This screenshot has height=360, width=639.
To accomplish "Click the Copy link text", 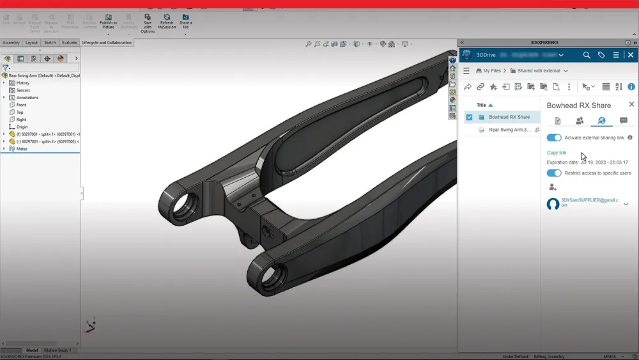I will (x=557, y=153).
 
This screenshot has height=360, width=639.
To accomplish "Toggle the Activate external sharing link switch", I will (x=554, y=137).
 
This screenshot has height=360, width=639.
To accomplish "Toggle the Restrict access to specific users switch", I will (x=554, y=173).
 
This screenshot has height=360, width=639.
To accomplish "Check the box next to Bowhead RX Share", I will (x=470, y=117).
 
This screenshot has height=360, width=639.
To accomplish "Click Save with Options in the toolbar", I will (x=148, y=22).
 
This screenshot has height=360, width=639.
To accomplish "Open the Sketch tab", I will (x=50, y=43).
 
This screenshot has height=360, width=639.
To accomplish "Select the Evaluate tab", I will (x=69, y=43).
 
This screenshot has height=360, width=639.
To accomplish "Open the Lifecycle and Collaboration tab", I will (x=107, y=43).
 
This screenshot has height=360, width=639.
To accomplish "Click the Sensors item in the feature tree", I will (x=23, y=90).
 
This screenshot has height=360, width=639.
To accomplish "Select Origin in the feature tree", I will (x=22, y=127).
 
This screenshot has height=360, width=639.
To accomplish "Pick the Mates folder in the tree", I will (x=22, y=148).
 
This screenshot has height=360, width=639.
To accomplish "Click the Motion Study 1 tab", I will (x=57, y=350).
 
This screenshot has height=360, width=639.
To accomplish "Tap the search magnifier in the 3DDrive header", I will (x=587, y=55).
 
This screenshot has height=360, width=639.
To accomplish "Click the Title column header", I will (x=481, y=105).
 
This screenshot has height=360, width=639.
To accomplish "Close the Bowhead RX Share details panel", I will (x=631, y=104).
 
